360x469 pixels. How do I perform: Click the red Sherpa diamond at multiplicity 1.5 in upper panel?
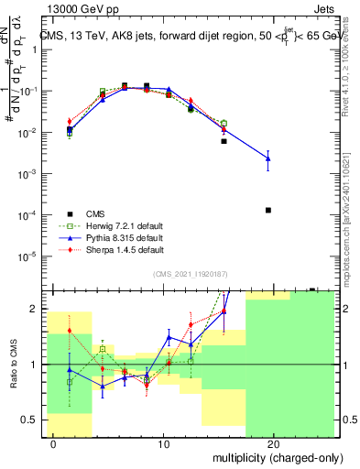pos(70,121)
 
